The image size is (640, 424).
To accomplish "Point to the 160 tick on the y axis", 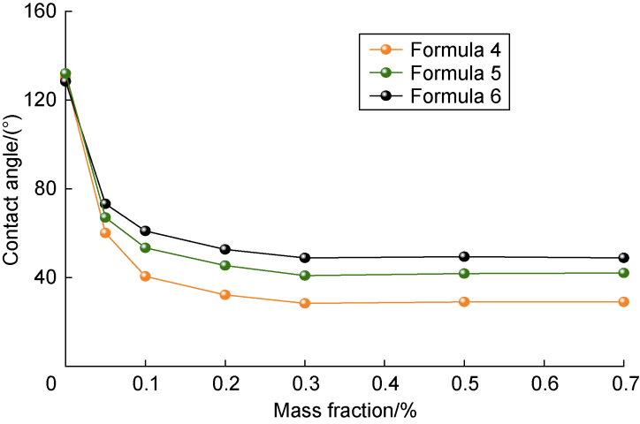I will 36,12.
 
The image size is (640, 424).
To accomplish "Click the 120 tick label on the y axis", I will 36,100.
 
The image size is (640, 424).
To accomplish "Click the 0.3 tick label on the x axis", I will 304,386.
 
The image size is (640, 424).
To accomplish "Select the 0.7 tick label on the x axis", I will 623,386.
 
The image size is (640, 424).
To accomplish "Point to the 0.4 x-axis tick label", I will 384,386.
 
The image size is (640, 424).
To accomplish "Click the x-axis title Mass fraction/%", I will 345,412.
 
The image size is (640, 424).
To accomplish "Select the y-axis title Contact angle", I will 11,188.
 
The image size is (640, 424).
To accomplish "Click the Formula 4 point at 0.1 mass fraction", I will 145,276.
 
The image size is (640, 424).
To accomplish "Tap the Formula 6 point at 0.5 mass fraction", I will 464,257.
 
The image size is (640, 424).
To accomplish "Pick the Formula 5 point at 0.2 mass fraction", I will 225,265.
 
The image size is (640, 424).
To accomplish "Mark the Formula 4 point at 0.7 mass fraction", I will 623,301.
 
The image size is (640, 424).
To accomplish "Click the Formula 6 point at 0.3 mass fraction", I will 305,258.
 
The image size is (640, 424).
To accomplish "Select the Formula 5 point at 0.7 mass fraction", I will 623,273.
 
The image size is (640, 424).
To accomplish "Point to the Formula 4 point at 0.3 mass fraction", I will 305,303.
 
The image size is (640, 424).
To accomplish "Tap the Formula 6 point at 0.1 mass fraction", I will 145,231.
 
